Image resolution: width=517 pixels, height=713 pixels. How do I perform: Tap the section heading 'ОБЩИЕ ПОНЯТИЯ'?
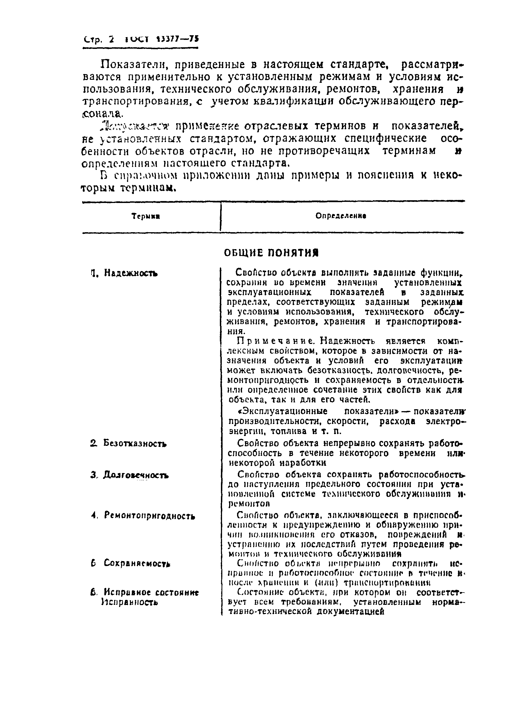click(x=271, y=253)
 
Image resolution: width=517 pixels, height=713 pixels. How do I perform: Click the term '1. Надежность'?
click(x=124, y=273)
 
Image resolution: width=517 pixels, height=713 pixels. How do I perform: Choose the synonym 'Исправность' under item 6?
click(x=129, y=602)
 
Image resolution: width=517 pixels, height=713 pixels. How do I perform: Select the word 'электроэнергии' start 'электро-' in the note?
click(x=445, y=421)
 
